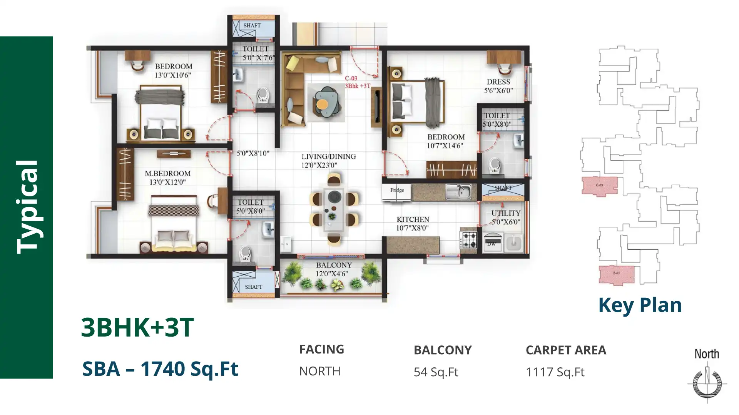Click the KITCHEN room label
(x=413, y=219)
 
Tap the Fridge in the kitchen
(x=397, y=191)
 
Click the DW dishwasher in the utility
(x=492, y=242)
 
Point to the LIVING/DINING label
(x=328, y=157)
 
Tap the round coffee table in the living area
(x=322, y=104)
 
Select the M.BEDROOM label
(x=167, y=174)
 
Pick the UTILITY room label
(x=506, y=213)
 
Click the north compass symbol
(x=707, y=382)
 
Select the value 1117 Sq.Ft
(x=555, y=372)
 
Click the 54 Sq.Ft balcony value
(x=436, y=372)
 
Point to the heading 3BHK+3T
(x=137, y=327)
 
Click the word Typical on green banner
(x=27, y=207)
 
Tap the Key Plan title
(x=640, y=305)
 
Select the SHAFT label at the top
(x=252, y=25)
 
